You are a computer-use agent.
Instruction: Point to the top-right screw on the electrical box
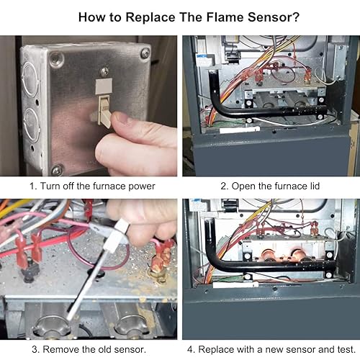pos(145,53)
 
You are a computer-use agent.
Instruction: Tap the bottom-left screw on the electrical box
pos(56,169)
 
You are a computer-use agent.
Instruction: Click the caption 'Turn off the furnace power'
pos(91,186)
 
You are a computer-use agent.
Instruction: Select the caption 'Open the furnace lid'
pos(271,186)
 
